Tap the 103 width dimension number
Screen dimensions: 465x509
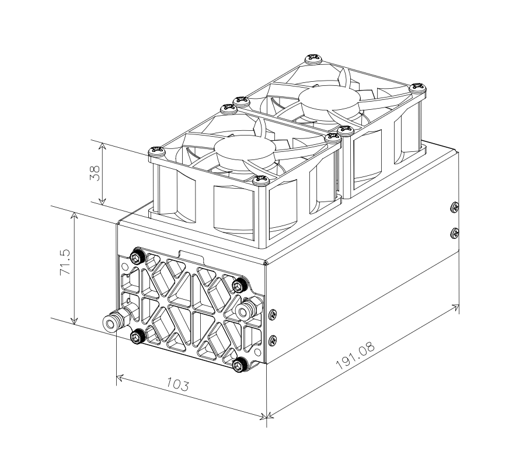[x=177, y=384]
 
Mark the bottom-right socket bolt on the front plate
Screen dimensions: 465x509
[x=240, y=364]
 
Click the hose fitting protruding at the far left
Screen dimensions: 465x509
[x=111, y=322]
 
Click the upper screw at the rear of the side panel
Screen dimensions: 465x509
[x=455, y=206]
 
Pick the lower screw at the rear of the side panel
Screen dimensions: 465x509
[x=455, y=233]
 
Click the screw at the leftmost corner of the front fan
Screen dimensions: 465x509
[x=155, y=150]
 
